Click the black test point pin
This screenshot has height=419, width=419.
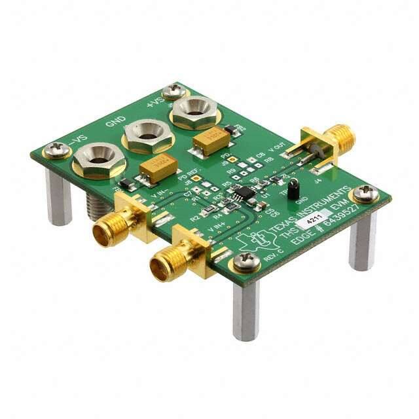295,189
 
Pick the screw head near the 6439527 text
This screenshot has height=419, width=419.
364,193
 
